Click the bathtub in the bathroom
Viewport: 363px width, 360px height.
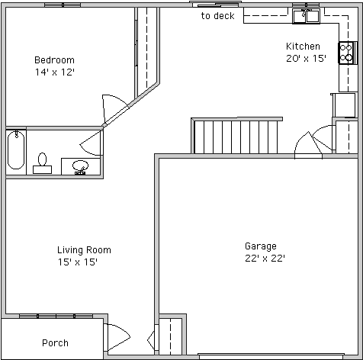coord(16,150)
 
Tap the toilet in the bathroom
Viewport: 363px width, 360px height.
coord(42,163)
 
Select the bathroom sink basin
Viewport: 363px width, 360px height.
coord(80,166)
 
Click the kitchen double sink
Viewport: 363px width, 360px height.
coord(307,16)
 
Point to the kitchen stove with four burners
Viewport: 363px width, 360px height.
coord(345,53)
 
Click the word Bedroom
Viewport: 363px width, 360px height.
coord(54,60)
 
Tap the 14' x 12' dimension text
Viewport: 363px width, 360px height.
coord(54,72)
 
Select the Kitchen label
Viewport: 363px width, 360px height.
coord(303,47)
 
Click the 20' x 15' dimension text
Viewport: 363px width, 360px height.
coord(306,59)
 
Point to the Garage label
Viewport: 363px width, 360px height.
coord(261,246)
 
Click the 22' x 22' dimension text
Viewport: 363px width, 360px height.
coord(265,259)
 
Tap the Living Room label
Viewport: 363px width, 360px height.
coord(84,250)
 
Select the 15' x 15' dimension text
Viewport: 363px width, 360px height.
coord(78,262)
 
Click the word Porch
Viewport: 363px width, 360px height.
coord(55,343)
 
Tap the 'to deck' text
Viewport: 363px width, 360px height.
coord(217,16)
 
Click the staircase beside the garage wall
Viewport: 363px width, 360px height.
coord(236,136)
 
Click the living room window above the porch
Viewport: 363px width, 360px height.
coord(56,316)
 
